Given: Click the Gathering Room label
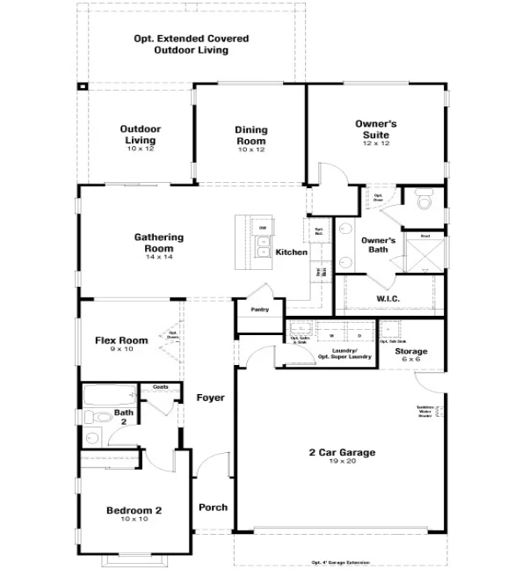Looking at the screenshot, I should (x=159, y=243).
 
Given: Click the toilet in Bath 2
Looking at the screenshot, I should (x=100, y=418).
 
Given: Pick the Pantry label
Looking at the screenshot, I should (x=259, y=310).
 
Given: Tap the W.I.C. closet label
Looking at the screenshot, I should (x=388, y=299).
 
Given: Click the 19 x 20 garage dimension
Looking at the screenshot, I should (x=341, y=463).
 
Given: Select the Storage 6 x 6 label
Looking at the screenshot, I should (x=411, y=355).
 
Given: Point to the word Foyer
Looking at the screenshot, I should (x=210, y=398).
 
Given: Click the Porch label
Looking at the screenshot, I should (x=213, y=508).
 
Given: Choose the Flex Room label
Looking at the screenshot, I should (x=121, y=344).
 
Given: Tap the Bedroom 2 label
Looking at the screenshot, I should (x=134, y=514).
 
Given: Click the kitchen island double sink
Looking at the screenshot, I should (x=262, y=244).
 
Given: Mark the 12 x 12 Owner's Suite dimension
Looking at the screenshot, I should (x=376, y=144).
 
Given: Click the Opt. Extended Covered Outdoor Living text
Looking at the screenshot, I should (x=191, y=45).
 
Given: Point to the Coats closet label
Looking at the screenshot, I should (x=161, y=387).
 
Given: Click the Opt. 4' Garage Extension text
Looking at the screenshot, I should (x=340, y=563).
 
